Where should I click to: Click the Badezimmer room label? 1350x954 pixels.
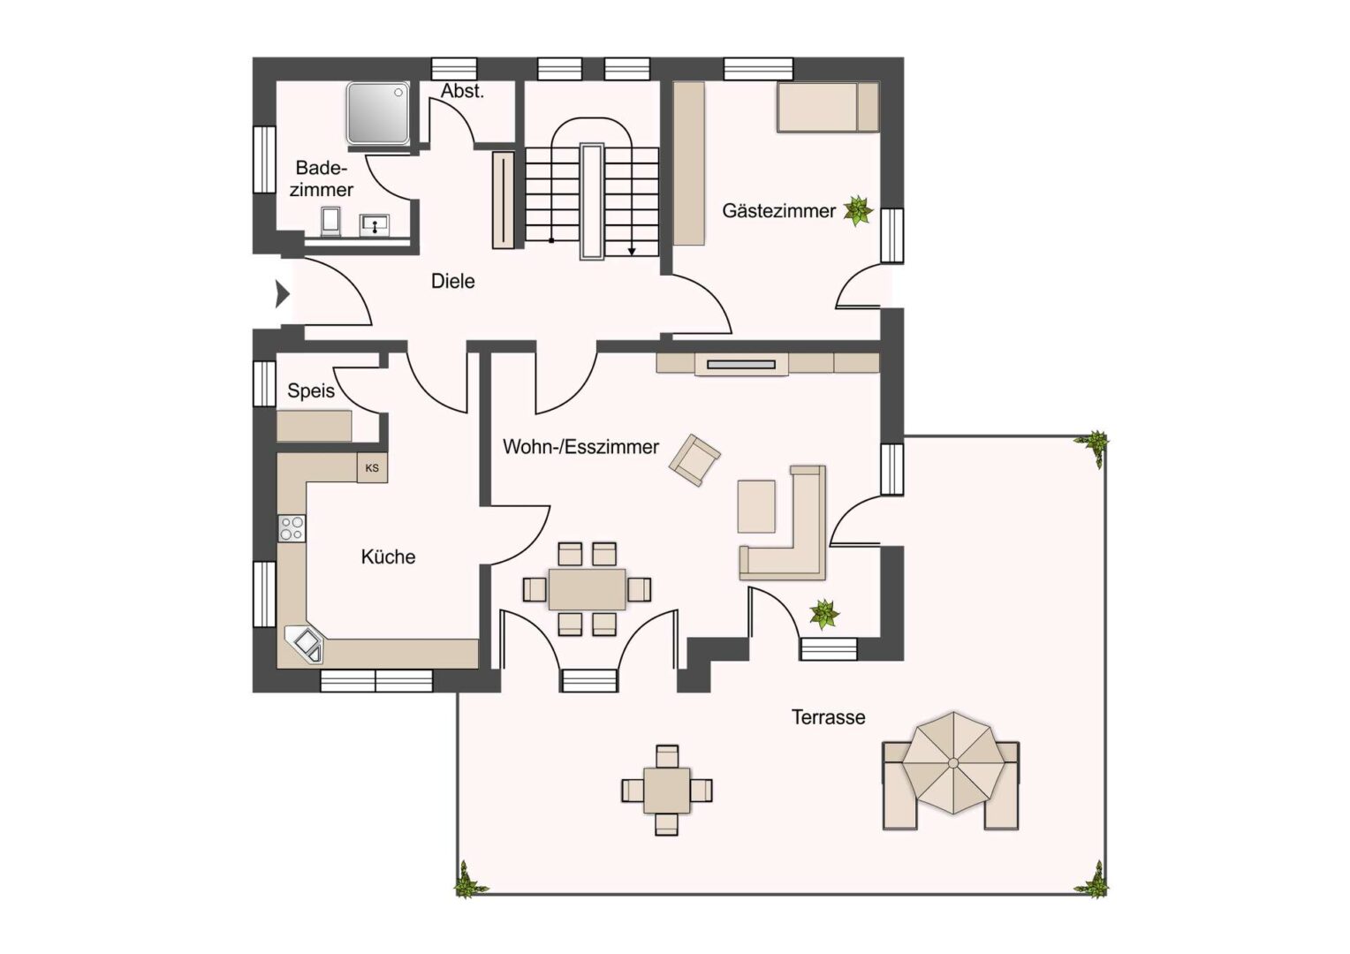(322, 178)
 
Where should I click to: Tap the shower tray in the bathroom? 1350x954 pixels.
(378, 113)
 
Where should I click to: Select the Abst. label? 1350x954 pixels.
(462, 91)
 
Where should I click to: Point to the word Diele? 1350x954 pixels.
(452, 281)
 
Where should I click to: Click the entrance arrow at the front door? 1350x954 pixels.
(283, 294)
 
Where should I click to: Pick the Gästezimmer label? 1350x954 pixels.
(778, 211)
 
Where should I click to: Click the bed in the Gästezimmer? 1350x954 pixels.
(828, 107)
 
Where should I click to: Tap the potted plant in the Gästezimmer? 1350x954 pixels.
(858, 211)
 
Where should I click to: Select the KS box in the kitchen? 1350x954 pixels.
(372, 467)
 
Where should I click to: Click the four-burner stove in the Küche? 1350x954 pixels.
(292, 528)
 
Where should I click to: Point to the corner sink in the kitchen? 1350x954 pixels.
(305, 644)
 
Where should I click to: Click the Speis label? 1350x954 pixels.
(311, 390)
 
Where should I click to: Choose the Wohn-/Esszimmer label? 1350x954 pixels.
(581, 447)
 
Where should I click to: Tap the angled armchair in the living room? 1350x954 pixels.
(695, 460)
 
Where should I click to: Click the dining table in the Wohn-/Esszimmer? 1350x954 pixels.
(587, 589)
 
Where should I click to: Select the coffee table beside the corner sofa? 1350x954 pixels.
(756, 506)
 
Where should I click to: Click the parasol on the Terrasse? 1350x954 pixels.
(952, 763)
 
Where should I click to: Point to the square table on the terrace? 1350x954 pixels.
(666, 790)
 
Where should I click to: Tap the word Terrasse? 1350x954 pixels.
(828, 717)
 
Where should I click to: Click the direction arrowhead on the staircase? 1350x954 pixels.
(632, 251)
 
